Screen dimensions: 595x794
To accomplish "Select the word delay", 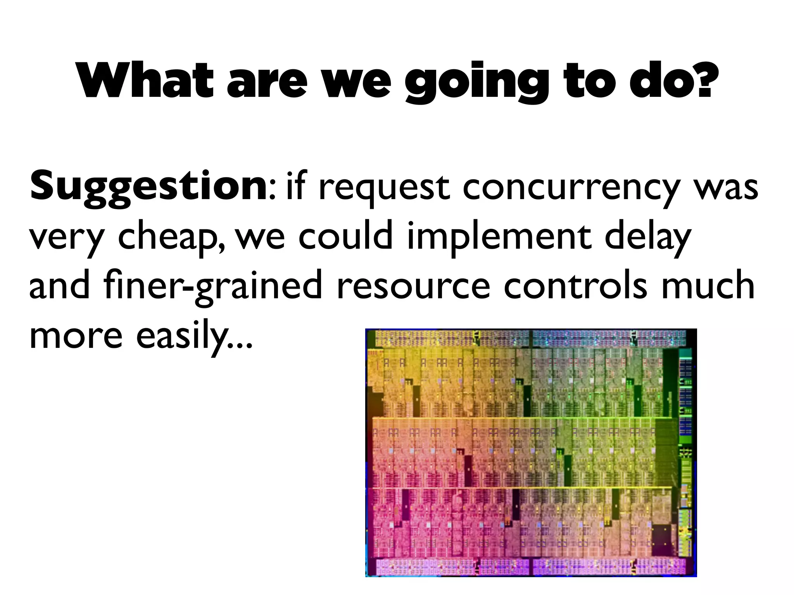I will (648, 237).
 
